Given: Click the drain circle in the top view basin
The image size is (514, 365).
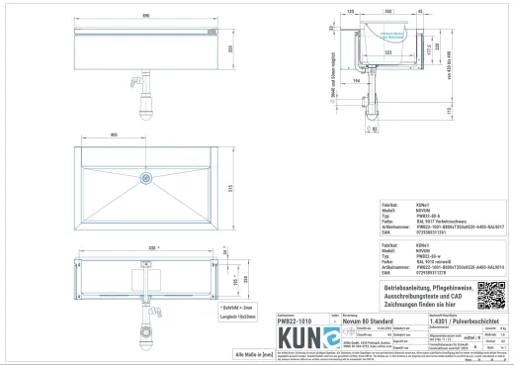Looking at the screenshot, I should click(x=145, y=179).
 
